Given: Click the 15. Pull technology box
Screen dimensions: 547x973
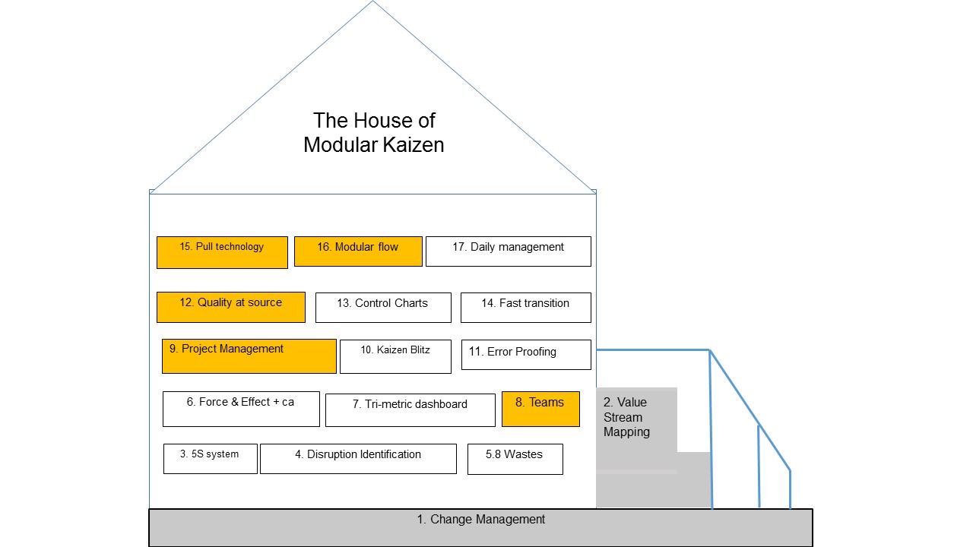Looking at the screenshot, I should coord(222,252).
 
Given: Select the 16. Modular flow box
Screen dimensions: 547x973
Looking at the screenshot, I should coord(358,251).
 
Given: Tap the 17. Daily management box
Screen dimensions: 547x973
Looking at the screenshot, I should coord(508,251).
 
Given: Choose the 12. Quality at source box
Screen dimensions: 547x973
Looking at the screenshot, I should coord(230,307).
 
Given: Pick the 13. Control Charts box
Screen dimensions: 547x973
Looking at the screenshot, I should coord(382,307).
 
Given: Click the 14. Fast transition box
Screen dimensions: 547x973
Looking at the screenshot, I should coord(525,307).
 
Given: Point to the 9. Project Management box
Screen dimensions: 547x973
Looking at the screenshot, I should coord(249,356).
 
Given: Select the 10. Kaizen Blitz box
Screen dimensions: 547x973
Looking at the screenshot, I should coord(395,356).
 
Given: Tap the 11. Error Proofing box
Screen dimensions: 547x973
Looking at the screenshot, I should coord(525,354).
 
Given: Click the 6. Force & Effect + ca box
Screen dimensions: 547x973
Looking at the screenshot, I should coord(241,409).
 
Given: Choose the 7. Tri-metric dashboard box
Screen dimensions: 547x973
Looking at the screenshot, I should coord(410,409).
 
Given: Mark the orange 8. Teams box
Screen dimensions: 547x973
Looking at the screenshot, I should coord(540,408).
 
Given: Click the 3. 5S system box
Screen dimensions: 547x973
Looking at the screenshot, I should coord(210,458).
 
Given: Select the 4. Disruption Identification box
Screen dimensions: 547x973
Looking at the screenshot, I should coord(358,458).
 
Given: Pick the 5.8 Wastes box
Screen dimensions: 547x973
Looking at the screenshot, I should coord(515,459).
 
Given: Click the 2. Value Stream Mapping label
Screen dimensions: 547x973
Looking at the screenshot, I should coord(626,417).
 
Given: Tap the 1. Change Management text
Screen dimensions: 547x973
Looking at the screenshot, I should coord(480,520).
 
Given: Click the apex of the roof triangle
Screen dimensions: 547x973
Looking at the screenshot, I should coord(373,2).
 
